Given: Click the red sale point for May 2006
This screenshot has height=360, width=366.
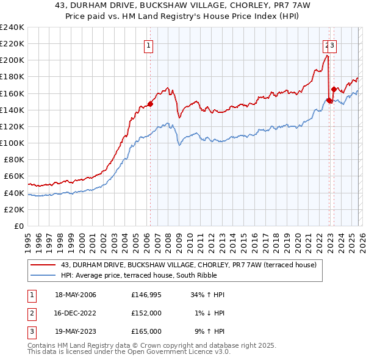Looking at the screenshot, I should coord(150,104).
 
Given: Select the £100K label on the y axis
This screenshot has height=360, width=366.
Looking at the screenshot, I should coord(12,143).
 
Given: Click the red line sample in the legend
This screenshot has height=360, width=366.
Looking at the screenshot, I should coord(44,265).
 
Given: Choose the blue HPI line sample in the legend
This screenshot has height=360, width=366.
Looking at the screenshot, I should coord(44,275).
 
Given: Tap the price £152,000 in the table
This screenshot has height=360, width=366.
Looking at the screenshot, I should coord(146,313).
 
